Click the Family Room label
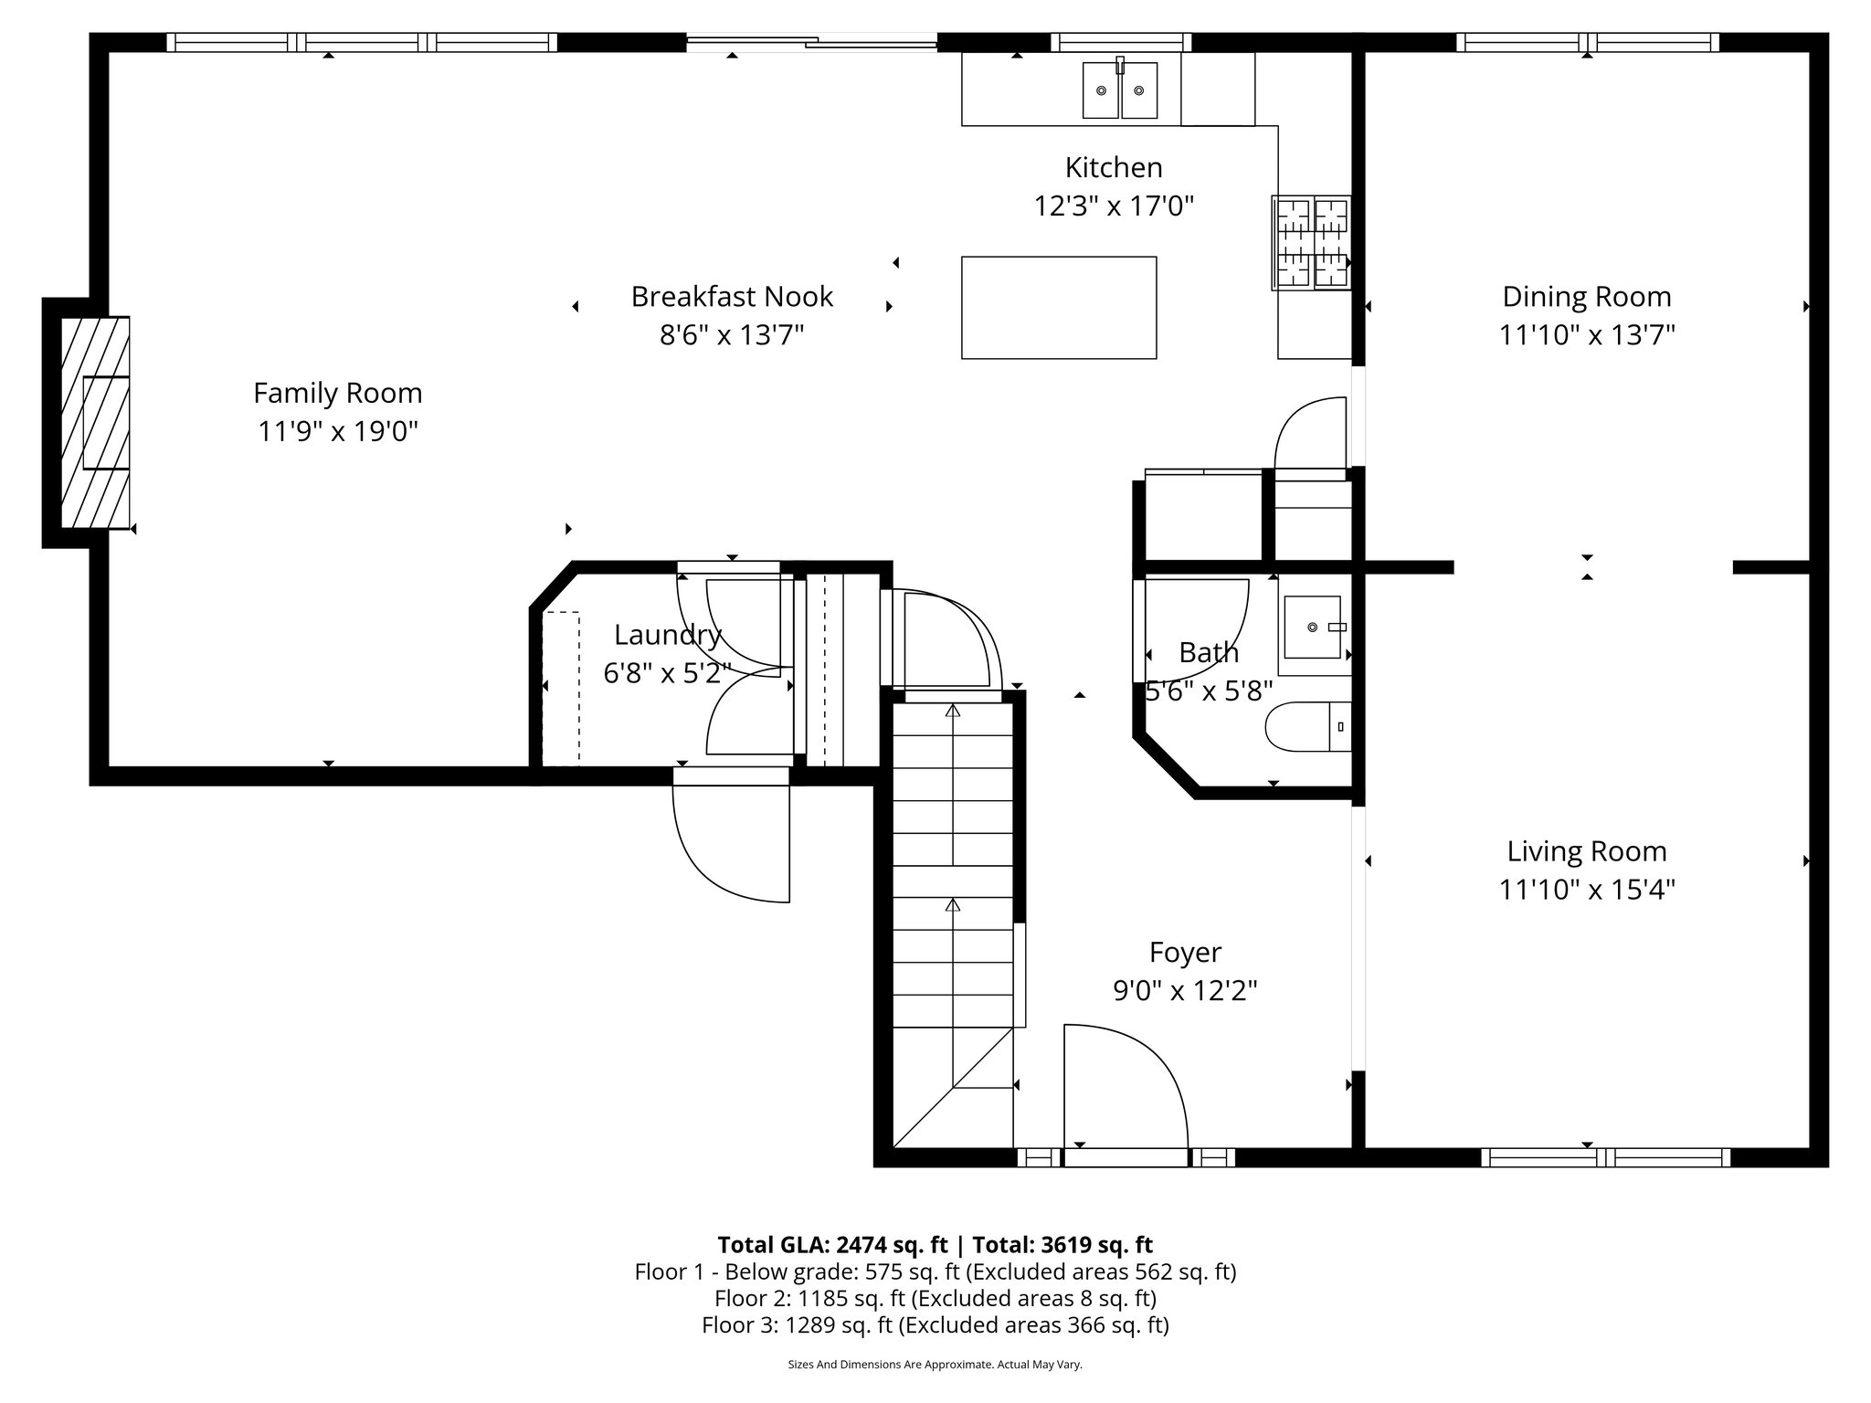(338, 393)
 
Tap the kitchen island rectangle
(1059, 308)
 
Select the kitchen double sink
(1120, 90)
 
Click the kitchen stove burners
(1311, 243)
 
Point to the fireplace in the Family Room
(95, 422)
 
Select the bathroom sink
(1313, 627)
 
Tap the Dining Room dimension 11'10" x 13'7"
(1587, 335)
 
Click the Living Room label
(1587, 851)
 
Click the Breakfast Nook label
(732, 296)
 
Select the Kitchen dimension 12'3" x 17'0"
(1114, 206)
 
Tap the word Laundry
(668, 634)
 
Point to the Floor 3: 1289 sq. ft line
(935, 1325)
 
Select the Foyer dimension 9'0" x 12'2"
(1185, 990)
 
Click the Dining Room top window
(1588, 42)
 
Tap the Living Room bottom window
(1605, 1157)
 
